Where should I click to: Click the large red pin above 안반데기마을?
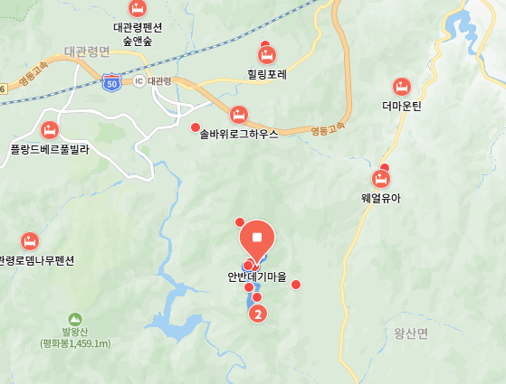point(257,239)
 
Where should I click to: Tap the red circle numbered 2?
point(258,314)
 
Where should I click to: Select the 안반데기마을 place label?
point(257,277)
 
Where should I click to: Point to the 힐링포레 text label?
point(266,75)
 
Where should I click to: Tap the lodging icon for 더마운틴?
point(402,88)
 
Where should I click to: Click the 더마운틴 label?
point(402,107)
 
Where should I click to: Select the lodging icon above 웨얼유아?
point(381,179)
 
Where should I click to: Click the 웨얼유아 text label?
point(380,198)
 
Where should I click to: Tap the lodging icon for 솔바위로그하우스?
point(238,114)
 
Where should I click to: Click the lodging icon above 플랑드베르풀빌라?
point(50,129)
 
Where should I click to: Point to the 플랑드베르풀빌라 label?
point(49,148)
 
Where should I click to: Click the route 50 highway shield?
point(111,81)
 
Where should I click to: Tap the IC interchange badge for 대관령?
point(138,81)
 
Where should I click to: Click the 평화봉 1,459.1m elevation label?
point(75,343)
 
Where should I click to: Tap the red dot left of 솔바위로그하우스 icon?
point(196,126)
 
